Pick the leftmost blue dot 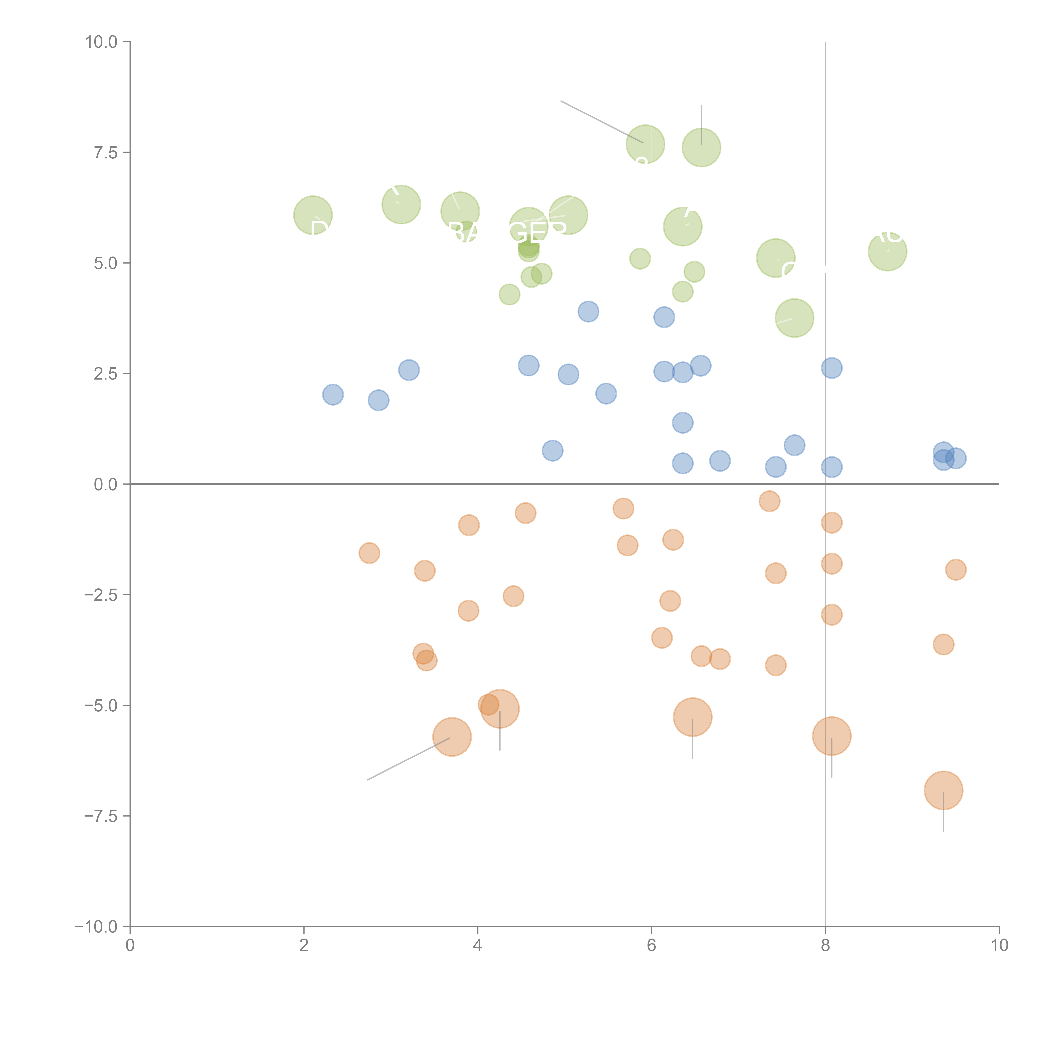point(333,394)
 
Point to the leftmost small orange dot point(369,553)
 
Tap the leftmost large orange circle point(452,737)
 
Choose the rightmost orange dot point(955,570)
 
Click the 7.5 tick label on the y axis point(106,152)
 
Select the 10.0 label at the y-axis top point(101,42)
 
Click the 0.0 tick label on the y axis point(106,484)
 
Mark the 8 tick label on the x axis point(826,946)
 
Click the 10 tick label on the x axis point(999,946)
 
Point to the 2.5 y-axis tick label point(106,374)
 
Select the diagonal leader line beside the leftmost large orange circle point(408,759)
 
